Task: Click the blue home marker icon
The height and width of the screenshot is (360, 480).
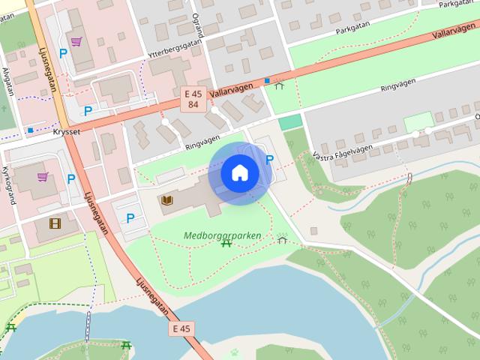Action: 240,172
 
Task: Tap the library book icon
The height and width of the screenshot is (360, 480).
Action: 167,200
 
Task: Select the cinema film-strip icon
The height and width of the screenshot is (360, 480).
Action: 55,223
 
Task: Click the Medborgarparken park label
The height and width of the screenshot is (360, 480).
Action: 223,235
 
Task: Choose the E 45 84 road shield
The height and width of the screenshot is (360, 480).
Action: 193,99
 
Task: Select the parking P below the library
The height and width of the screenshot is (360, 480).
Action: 130,218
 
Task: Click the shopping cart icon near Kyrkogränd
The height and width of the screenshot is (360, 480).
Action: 43,177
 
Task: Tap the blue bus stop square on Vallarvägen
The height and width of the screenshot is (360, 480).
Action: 266,80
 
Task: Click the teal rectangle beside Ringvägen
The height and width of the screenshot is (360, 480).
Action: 289,121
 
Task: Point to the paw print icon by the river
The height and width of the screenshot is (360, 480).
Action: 235,351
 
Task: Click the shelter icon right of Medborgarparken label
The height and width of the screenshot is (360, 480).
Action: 282,239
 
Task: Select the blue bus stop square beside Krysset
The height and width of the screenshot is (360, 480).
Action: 30,130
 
